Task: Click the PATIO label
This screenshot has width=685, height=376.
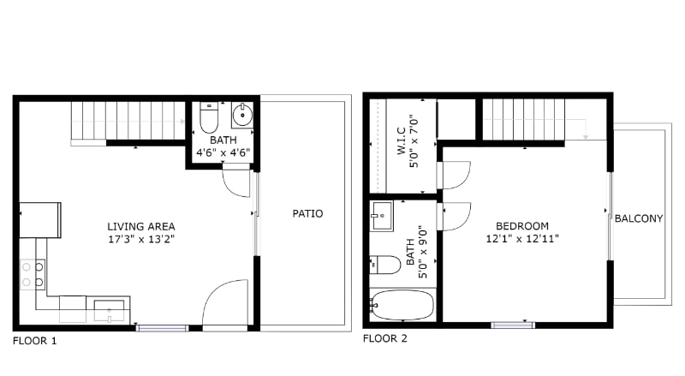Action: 307,213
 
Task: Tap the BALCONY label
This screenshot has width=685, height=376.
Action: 639,218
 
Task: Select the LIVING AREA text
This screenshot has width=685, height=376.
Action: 141,226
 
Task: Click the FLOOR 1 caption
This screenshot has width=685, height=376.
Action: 34,340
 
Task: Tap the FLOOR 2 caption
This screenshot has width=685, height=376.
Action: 385,338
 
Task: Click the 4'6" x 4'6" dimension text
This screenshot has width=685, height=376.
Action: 223,152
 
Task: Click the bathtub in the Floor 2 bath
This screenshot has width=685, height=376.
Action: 403,305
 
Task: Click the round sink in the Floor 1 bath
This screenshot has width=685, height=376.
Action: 241,114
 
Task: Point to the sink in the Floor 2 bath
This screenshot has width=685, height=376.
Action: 382,216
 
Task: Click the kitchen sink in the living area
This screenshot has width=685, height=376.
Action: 110,309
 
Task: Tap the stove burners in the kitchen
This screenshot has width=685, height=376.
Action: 32,274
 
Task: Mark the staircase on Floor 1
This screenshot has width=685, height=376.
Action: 128,119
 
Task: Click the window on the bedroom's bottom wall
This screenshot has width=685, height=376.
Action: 513,325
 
